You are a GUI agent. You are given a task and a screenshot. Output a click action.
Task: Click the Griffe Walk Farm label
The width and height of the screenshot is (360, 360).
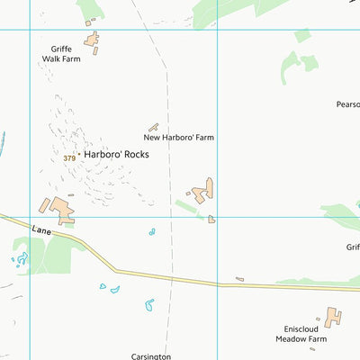pos(60,54)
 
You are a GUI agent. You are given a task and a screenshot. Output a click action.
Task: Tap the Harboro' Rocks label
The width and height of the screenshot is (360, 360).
pos(116,155)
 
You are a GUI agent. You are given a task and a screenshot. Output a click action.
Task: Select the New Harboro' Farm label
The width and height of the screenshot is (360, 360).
pos(179,138)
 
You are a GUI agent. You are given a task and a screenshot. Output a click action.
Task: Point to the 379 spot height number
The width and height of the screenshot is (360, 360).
pos(69,158)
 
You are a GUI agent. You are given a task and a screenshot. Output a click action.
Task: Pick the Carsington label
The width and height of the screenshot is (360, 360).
pos(151,356)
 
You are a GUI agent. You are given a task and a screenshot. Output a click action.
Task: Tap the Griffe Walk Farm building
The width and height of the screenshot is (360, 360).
pos(92,39)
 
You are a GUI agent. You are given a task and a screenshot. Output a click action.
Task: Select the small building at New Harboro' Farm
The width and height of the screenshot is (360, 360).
pos(154,128)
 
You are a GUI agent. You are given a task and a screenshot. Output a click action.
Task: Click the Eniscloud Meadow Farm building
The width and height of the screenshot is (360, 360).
pos(334,317)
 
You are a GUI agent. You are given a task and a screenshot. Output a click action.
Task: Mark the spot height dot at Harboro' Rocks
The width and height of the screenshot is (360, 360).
pos(79,155)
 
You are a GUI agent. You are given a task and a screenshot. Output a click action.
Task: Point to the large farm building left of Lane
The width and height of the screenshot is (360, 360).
pos(60,209)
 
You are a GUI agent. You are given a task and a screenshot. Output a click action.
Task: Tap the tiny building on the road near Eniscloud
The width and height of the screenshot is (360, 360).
pos(240,279)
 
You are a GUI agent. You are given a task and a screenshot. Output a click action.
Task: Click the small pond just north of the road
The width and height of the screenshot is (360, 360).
pos(152,232)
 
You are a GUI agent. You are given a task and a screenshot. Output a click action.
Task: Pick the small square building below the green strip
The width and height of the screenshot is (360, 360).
pos(211,219)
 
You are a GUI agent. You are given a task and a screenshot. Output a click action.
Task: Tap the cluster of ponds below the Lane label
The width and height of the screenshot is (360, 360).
pos(20,260)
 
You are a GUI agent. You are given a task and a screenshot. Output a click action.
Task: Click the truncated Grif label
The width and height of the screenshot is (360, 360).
pos(352,247)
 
